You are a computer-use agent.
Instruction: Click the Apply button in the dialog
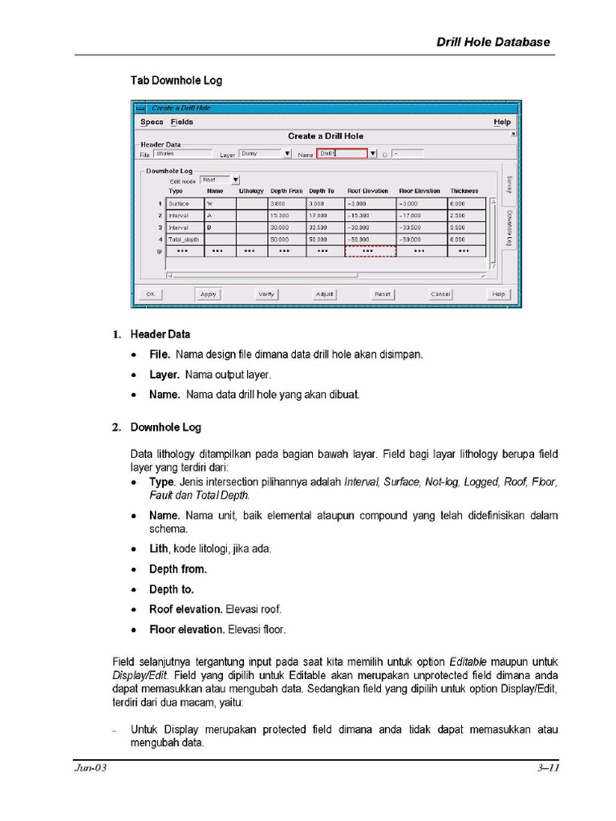pyautogui.click(x=208, y=294)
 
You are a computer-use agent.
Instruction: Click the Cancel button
pyautogui.click(x=440, y=294)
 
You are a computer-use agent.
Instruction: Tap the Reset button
pyautogui.click(x=383, y=294)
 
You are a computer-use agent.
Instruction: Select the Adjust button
pyautogui.click(x=324, y=294)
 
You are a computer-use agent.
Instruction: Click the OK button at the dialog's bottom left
pyautogui.click(x=149, y=294)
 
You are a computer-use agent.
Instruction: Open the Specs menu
pyautogui.click(x=152, y=122)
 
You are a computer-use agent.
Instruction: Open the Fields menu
pyautogui.click(x=182, y=122)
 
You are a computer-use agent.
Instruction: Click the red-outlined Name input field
pyautogui.click(x=341, y=153)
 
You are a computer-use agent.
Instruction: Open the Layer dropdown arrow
pyautogui.click(x=287, y=153)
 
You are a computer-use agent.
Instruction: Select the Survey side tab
pyautogui.click(x=509, y=184)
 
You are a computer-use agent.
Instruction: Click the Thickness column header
pyautogui.click(x=464, y=191)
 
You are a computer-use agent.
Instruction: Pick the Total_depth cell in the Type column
pyautogui.click(x=184, y=239)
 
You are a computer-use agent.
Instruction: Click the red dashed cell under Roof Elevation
pyautogui.click(x=370, y=251)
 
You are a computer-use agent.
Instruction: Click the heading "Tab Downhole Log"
pyautogui.click(x=176, y=80)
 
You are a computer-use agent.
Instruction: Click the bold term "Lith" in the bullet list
pyautogui.click(x=159, y=549)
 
